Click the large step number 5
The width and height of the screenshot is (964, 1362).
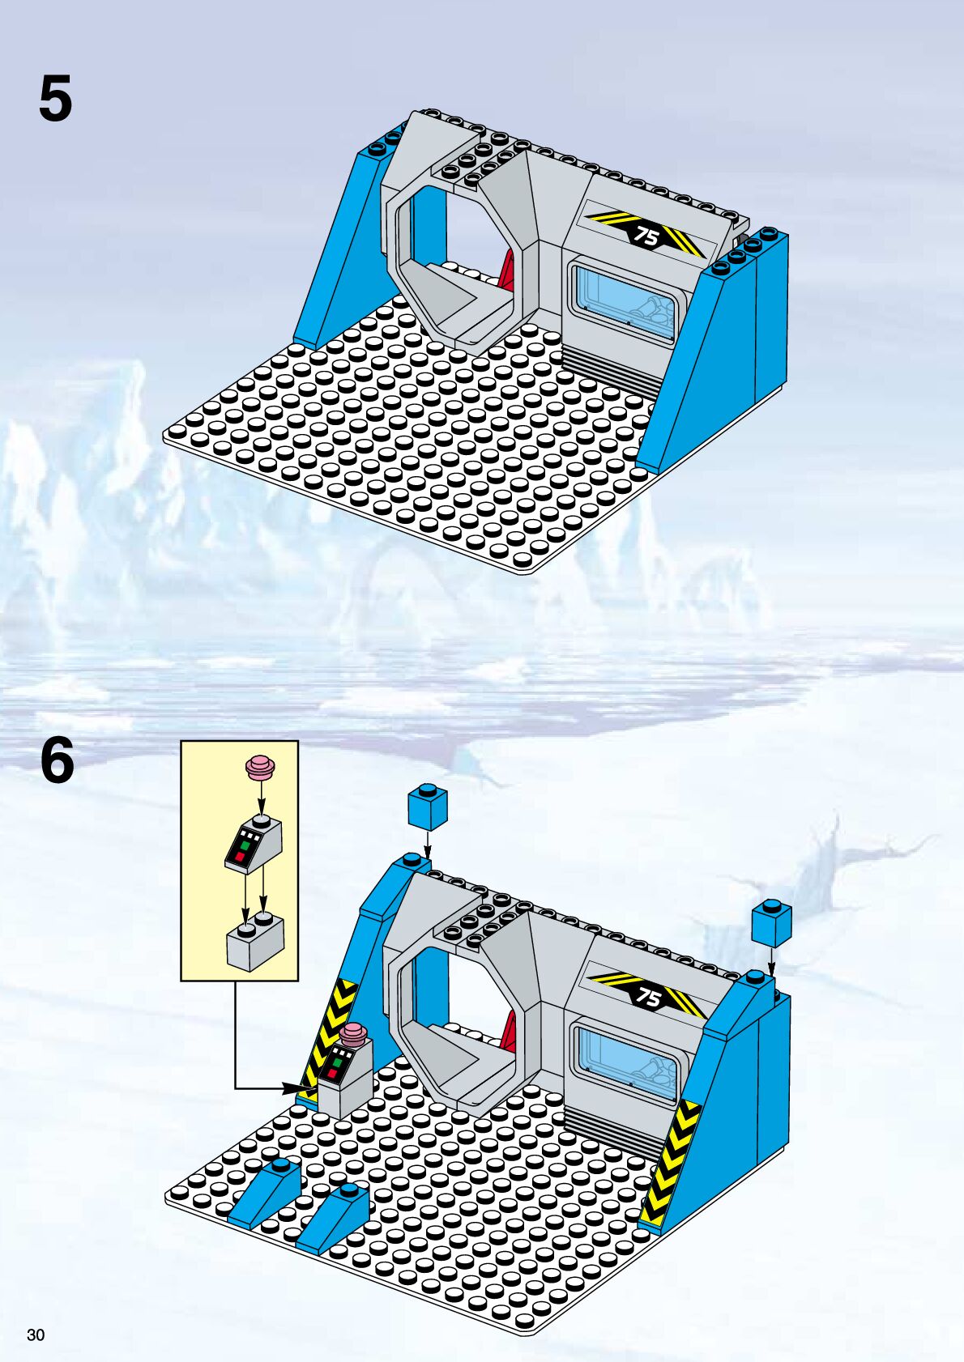[x=56, y=98]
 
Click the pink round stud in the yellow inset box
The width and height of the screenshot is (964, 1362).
[x=261, y=768]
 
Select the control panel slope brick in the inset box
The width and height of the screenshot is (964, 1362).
[x=254, y=845]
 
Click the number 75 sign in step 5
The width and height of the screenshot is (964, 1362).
[x=646, y=233]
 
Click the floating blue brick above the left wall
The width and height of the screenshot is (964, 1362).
[x=428, y=807]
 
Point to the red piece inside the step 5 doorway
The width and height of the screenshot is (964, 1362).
[x=507, y=271]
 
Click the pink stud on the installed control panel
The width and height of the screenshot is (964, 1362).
[x=352, y=1032]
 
